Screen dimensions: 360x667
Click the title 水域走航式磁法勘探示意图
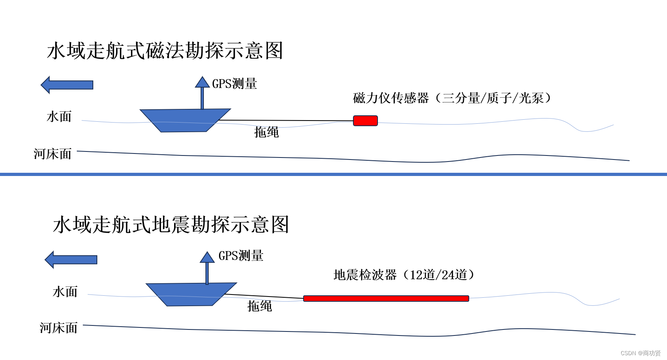(165, 51)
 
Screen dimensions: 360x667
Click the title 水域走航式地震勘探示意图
(171, 225)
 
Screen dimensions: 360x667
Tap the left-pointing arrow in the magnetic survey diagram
(67, 85)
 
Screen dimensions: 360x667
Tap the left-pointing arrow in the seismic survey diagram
(71, 260)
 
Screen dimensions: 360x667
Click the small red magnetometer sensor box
(365, 121)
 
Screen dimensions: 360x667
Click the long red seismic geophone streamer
(386, 299)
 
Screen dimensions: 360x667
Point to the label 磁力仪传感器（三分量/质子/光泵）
(452, 98)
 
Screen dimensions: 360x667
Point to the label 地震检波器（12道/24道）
(404, 275)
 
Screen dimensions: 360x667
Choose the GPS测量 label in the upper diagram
(234, 84)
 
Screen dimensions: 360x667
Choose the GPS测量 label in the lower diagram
(241, 256)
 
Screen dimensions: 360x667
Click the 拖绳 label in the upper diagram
(266, 132)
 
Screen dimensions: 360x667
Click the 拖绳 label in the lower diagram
(260, 306)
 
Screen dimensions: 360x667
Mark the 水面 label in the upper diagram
(59, 117)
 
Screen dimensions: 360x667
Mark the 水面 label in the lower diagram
(65, 292)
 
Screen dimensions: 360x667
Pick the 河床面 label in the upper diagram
(53, 154)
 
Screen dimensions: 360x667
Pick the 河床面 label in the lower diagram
(59, 328)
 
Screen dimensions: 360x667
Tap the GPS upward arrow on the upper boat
(202, 92)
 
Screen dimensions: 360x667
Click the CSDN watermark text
(640, 353)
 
